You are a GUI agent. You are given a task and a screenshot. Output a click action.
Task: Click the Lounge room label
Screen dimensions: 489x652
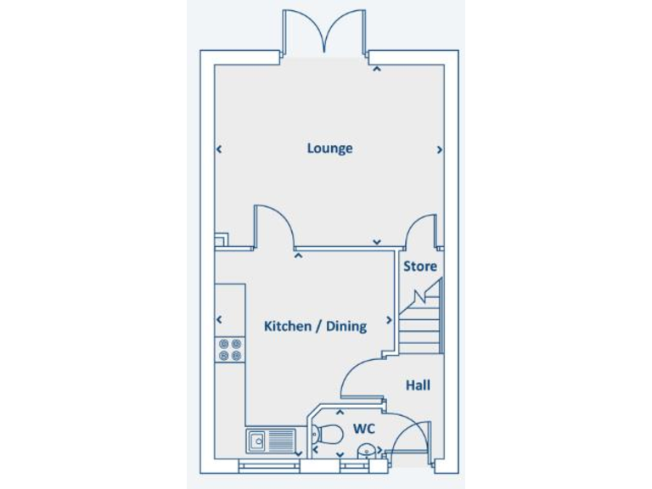(x=329, y=149)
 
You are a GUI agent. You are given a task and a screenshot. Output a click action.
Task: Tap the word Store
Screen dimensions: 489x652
(x=420, y=266)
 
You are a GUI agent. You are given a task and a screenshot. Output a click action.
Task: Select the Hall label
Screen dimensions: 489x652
(x=418, y=385)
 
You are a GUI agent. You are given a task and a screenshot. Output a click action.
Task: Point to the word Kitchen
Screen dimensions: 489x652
(x=287, y=326)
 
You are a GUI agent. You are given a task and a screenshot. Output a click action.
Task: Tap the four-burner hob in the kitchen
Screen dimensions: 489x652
(x=230, y=350)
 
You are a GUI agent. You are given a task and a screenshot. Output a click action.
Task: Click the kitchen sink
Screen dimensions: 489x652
(x=271, y=441)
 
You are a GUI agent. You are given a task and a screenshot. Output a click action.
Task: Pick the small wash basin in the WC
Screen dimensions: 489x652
(x=366, y=450)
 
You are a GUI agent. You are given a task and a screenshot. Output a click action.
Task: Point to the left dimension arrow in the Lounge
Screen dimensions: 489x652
(x=219, y=149)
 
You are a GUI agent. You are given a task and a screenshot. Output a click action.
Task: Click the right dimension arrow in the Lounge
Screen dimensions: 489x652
(x=440, y=149)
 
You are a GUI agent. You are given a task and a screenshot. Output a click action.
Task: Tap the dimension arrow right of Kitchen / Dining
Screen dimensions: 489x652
(x=390, y=320)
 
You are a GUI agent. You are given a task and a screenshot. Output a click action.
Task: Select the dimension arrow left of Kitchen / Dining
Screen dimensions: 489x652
(x=219, y=320)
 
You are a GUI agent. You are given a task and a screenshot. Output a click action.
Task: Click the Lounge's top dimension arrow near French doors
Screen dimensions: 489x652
(x=375, y=70)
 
